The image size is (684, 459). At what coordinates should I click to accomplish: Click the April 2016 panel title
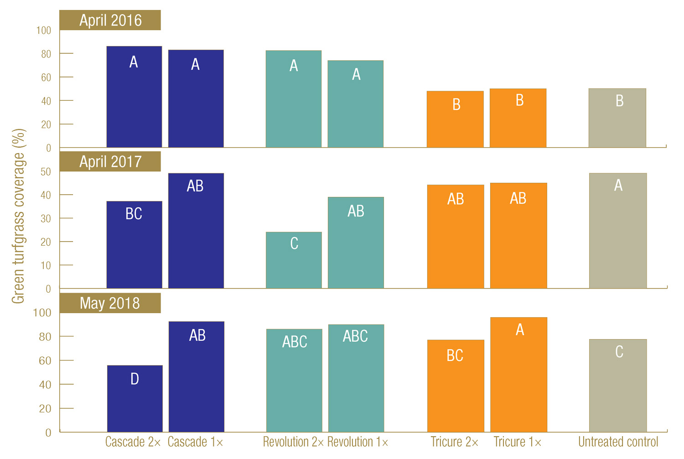pos(110,21)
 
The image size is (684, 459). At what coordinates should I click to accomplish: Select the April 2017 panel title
pos(110,162)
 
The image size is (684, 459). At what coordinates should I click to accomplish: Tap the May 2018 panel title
pos(110,303)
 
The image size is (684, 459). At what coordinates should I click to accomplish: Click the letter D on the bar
pos(135,379)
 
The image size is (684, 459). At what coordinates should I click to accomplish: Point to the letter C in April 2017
pos(294,243)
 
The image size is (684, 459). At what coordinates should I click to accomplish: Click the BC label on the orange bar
pos(455,356)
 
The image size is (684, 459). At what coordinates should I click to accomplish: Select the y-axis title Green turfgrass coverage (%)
pos(18,217)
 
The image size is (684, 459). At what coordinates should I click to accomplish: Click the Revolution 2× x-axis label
pos(293,442)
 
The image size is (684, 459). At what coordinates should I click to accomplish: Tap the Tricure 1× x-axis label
pos(518,442)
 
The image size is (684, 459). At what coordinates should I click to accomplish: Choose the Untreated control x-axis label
pos(618,442)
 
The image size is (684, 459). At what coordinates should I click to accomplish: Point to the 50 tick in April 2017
pos(46,172)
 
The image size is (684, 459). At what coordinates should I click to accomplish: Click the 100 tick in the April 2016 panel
pos(44,31)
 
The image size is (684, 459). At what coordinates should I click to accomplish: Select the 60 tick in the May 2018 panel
pos(45,361)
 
